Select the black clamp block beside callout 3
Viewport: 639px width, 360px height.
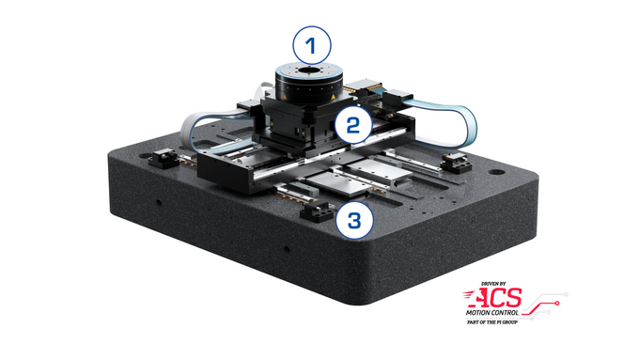[310, 212]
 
